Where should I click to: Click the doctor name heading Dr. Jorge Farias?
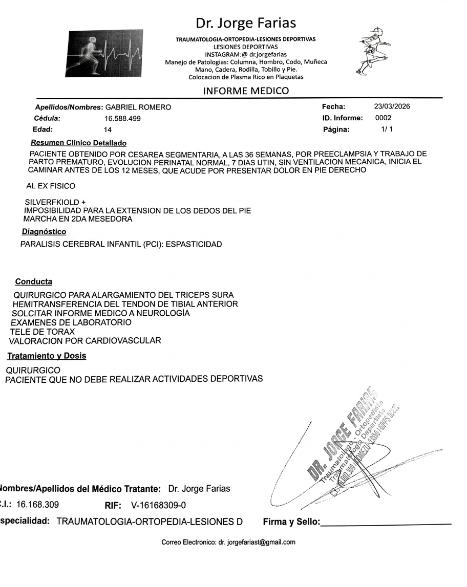pyautogui.click(x=245, y=23)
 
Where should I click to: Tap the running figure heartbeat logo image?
pyautogui.click(x=104, y=53)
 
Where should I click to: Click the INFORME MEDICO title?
pyautogui.click(x=246, y=91)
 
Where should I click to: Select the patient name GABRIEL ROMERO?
pyautogui.click(x=138, y=107)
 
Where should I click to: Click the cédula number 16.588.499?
pyautogui.click(x=122, y=119)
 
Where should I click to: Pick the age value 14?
pyautogui.click(x=108, y=130)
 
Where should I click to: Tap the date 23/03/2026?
pyautogui.click(x=392, y=107)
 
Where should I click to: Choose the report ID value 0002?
pyautogui.click(x=383, y=118)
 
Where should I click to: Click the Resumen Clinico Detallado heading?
pyautogui.click(x=78, y=143)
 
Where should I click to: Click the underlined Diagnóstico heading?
pyautogui.click(x=44, y=232)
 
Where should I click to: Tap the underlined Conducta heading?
pyautogui.click(x=33, y=282)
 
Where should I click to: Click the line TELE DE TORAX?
pyautogui.click(x=42, y=332)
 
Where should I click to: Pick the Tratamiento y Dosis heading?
pyautogui.click(x=47, y=356)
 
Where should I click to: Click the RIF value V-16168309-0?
pyautogui.click(x=159, y=506)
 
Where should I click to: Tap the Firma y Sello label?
pyautogui.click(x=291, y=523)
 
